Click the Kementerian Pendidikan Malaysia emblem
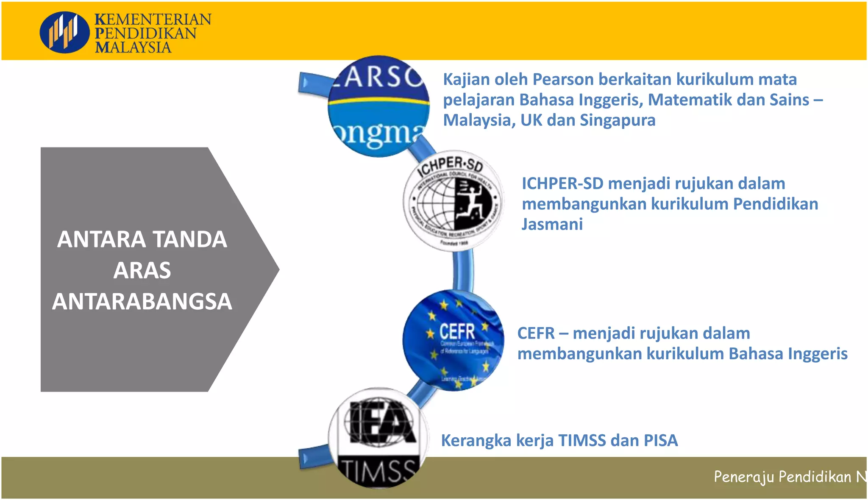[x=64, y=32]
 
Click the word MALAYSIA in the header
[x=133, y=47]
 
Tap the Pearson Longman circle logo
[x=378, y=107]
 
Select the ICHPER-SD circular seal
[x=453, y=201]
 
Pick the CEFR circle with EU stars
[x=453, y=340]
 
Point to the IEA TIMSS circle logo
[x=378, y=438]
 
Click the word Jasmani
[x=552, y=224]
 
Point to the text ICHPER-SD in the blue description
[x=562, y=183]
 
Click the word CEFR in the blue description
[x=536, y=333]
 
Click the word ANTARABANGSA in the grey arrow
[x=142, y=301]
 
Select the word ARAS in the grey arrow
[x=142, y=270]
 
